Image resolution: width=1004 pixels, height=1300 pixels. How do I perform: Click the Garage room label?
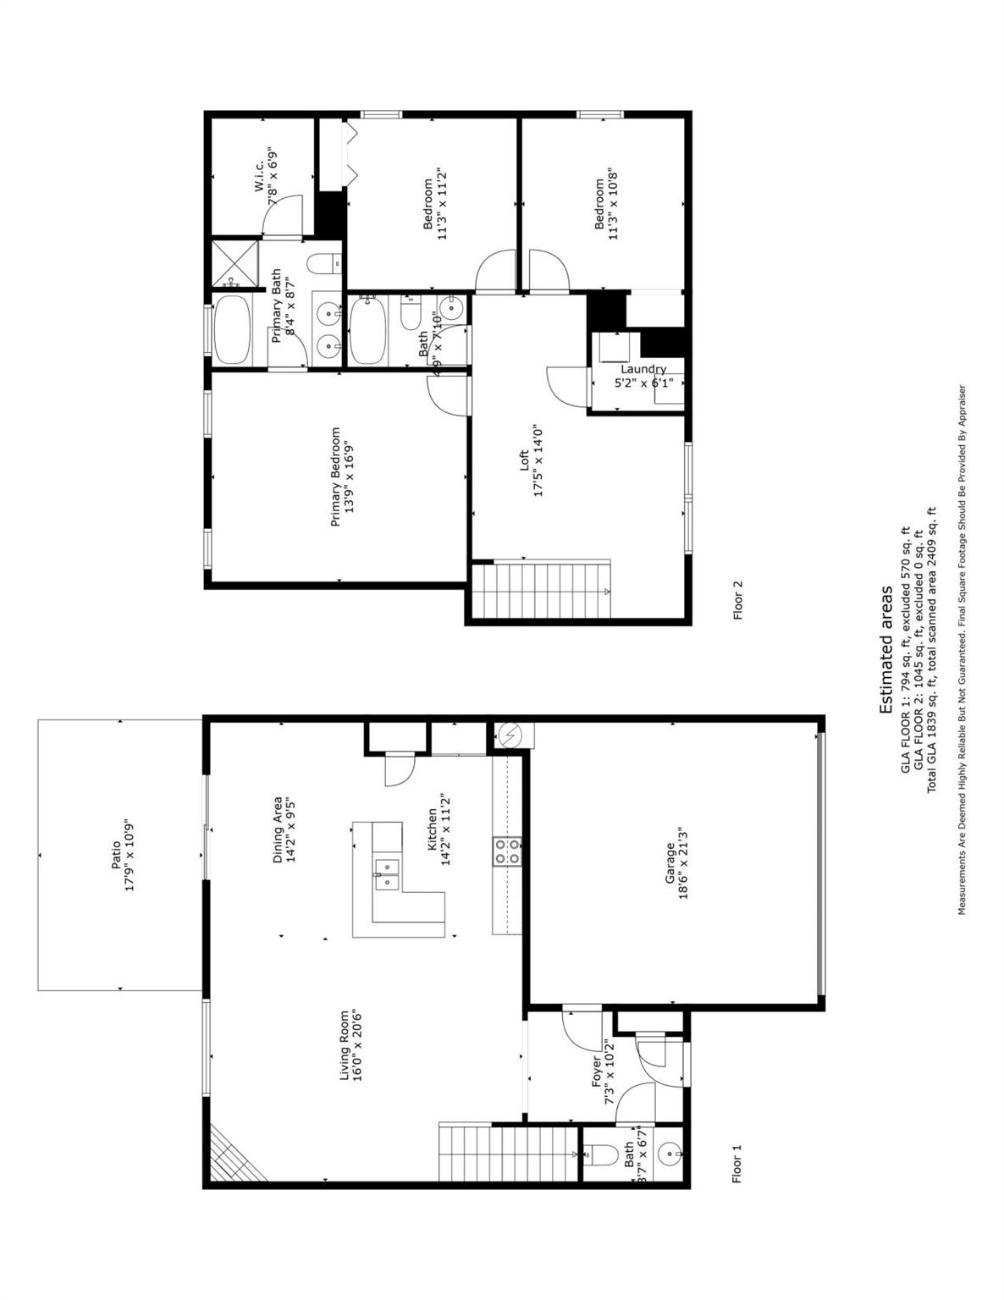click(670, 863)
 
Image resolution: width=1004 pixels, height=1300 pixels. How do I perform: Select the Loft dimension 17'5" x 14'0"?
click(538, 461)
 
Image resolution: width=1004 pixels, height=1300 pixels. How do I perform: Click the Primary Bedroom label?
click(335, 476)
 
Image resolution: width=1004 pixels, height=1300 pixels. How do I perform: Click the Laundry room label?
click(643, 369)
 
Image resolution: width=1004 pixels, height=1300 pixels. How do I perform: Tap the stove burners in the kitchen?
click(507, 851)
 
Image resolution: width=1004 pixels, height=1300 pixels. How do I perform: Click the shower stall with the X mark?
click(234, 262)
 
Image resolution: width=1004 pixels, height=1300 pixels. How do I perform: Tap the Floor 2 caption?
click(737, 600)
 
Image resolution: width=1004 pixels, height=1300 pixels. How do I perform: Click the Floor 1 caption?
click(736, 1165)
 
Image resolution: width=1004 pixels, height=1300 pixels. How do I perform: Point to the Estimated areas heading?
click(886, 650)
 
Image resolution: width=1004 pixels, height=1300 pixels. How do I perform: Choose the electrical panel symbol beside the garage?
click(510, 735)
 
